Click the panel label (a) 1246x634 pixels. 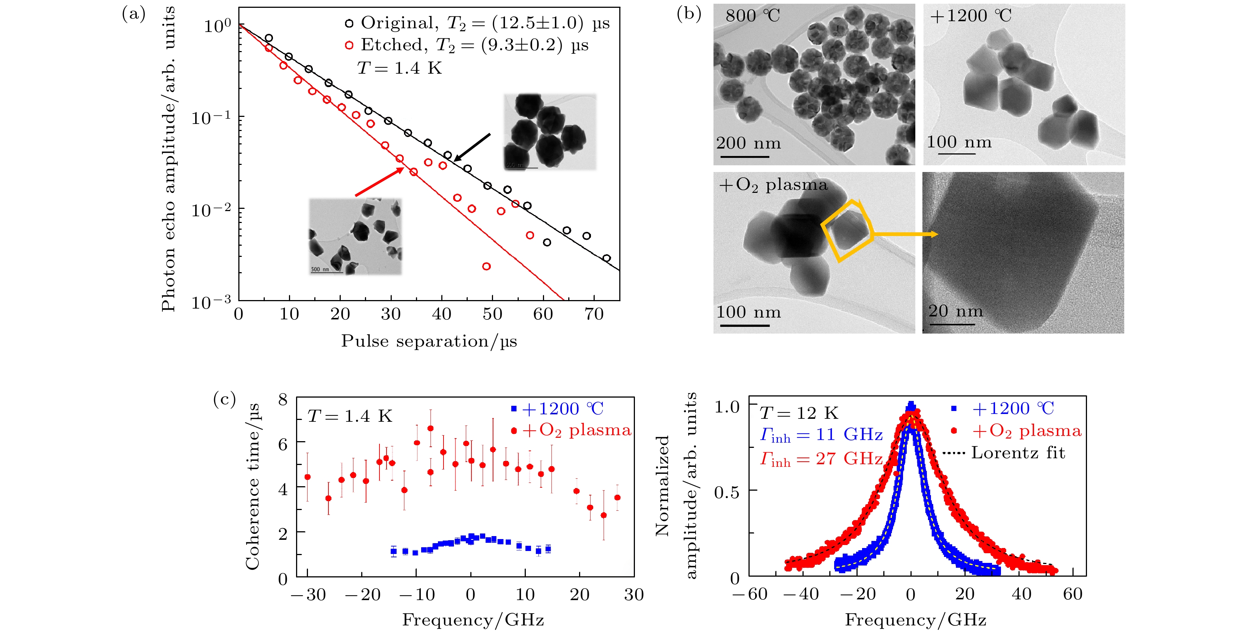coord(133,15)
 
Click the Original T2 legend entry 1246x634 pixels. coord(476,23)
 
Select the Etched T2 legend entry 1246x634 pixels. coord(466,45)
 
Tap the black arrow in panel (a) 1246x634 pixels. coord(472,147)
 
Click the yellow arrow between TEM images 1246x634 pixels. coord(905,235)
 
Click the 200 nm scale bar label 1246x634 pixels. coord(748,144)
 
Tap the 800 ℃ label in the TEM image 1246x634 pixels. coord(753,16)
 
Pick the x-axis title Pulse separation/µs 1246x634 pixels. coord(429,341)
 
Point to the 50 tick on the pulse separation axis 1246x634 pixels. coord(492,314)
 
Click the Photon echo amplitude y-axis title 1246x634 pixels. coord(168,160)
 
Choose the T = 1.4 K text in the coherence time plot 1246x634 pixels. coord(350,416)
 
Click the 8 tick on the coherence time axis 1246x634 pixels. coord(283,399)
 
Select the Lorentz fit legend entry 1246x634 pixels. coord(1018,453)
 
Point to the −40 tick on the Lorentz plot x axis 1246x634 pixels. coord(801,594)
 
